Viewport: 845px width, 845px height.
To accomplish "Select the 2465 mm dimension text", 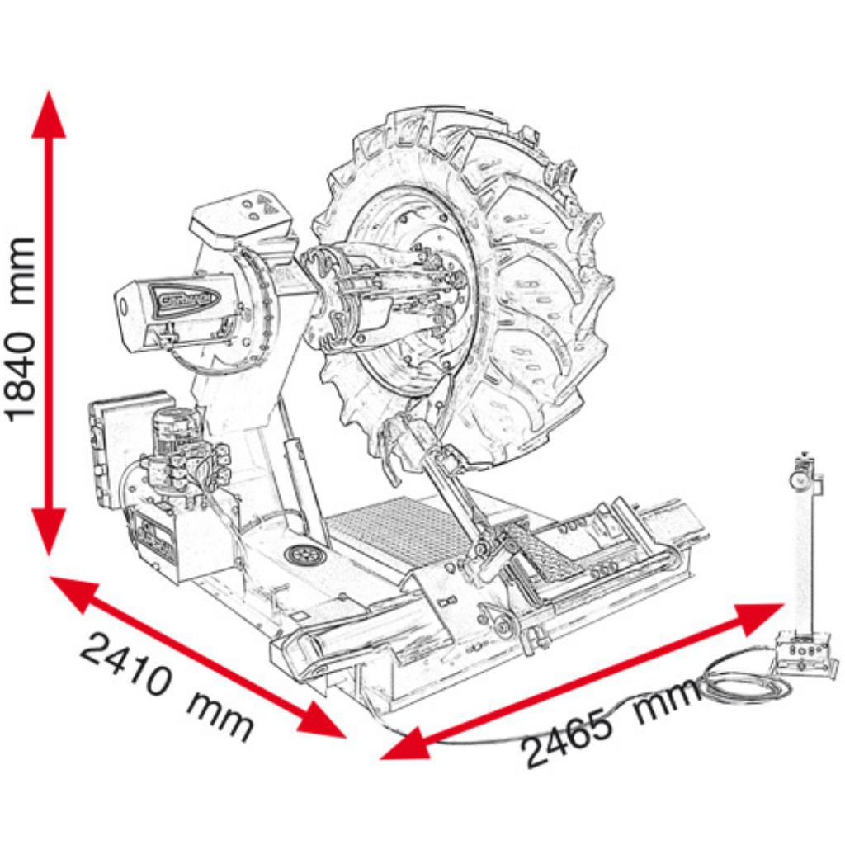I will pyautogui.click(x=611, y=726).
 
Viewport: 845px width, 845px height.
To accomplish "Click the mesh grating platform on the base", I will pyautogui.click(x=396, y=528).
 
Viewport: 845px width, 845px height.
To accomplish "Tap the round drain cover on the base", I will pyautogui.click(x=303, y=555).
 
